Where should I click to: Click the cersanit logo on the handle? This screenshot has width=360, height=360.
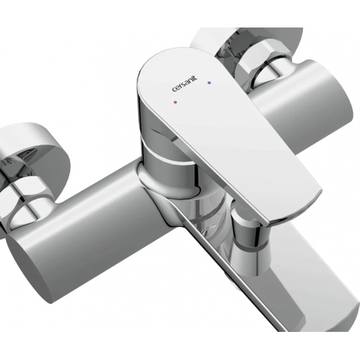(x=185, y=84)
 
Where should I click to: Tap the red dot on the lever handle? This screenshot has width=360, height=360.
(x=175, y=101)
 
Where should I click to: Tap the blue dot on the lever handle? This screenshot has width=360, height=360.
(x=209, y=82)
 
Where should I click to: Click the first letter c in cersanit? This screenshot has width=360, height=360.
(x=174, y=90)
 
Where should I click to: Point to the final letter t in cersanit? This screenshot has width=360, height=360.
(x=196, y=79)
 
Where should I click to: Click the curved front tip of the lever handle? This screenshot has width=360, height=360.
(x=296, y=212)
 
